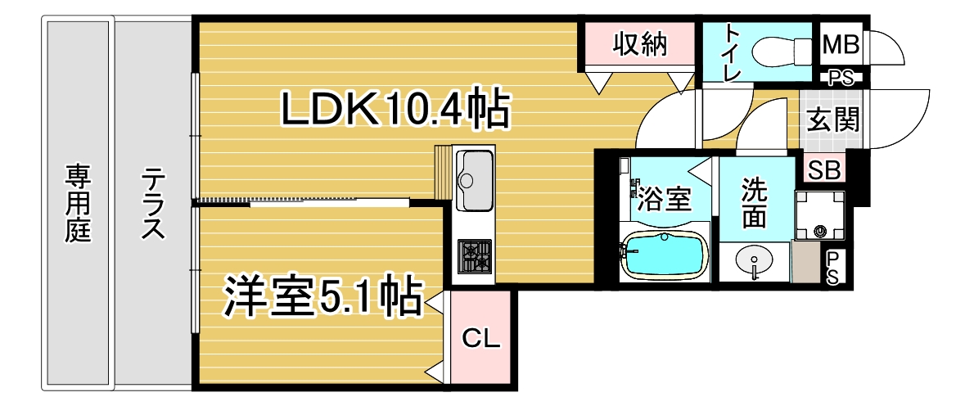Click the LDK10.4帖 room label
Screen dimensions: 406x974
coord(396,109)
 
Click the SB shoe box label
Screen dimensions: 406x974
coord(823,169)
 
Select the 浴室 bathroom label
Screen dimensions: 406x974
coord(665,197)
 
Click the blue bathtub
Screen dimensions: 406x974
coord(663,255)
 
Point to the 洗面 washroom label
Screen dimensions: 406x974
coord(754,203)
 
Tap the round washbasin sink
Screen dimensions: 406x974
coord(754,262)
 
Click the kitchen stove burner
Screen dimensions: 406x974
coord(474,257)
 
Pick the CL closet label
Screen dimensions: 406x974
coord(480,337)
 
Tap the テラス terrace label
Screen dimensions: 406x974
coord(153,203)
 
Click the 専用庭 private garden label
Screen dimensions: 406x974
coord(79,203)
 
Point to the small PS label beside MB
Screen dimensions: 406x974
coord(841,79)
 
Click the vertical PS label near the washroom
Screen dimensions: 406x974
coord(832,268)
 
